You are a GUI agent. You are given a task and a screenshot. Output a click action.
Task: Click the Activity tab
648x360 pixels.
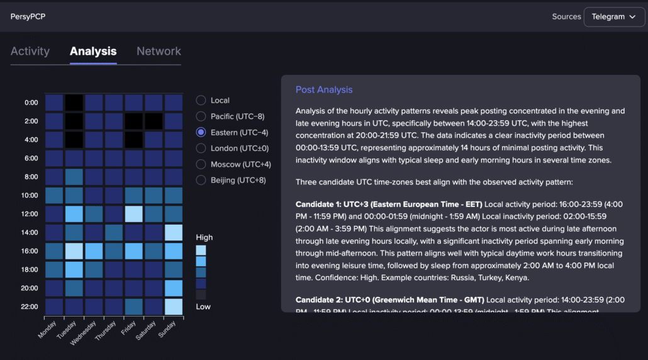click(x=30, y=52)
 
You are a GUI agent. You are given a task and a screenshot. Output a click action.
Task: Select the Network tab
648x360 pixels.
click(x=159, y=52)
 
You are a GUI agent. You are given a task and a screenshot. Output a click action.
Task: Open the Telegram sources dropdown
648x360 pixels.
click(x=613, y=16)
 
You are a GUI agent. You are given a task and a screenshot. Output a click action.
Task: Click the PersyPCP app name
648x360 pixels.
click(x=28, y=17)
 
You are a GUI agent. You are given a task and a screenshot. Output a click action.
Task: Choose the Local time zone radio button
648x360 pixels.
click(x=201, y=100)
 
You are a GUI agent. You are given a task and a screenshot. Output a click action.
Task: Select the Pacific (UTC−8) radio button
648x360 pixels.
click(x=201, y=116)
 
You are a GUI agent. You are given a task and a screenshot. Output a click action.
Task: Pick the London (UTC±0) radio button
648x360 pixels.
click(x=201, y=149)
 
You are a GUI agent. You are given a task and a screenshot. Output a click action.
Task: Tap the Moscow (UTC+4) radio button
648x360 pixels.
click(x=201, y=164)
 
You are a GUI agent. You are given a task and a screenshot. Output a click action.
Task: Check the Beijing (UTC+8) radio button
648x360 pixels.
click(x=201, y=180)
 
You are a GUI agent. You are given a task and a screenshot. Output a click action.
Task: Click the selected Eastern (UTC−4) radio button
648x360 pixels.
click(x=201, y=132)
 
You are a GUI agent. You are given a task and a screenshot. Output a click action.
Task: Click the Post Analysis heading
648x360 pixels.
click(x=324, y=89)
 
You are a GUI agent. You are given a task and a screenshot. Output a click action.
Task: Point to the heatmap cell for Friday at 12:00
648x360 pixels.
click(x=133, y=214)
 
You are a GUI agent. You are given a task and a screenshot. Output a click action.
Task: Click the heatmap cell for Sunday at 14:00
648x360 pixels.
click(x=174, y=233)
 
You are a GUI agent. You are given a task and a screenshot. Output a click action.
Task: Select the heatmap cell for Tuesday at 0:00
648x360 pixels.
click(x=74, y=103)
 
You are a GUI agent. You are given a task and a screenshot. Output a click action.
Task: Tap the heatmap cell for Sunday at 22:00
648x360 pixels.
click(x=174, y=307)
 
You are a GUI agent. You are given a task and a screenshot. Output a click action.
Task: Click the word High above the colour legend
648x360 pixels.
click(x=204, y=237)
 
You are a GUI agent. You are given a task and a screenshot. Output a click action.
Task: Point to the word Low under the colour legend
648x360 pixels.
click(x=203, y=307)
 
